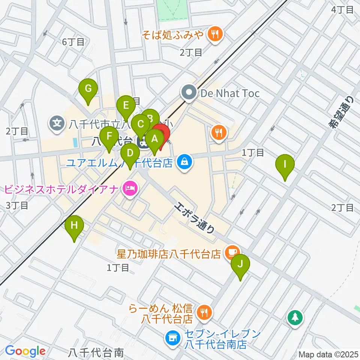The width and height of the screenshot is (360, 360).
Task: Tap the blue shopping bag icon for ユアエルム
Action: (184, 162)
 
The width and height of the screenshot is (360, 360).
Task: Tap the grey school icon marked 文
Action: (57, 123)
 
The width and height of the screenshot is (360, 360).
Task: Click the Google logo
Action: (25, 351)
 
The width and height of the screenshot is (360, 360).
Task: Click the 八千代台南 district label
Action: (96, 352)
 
